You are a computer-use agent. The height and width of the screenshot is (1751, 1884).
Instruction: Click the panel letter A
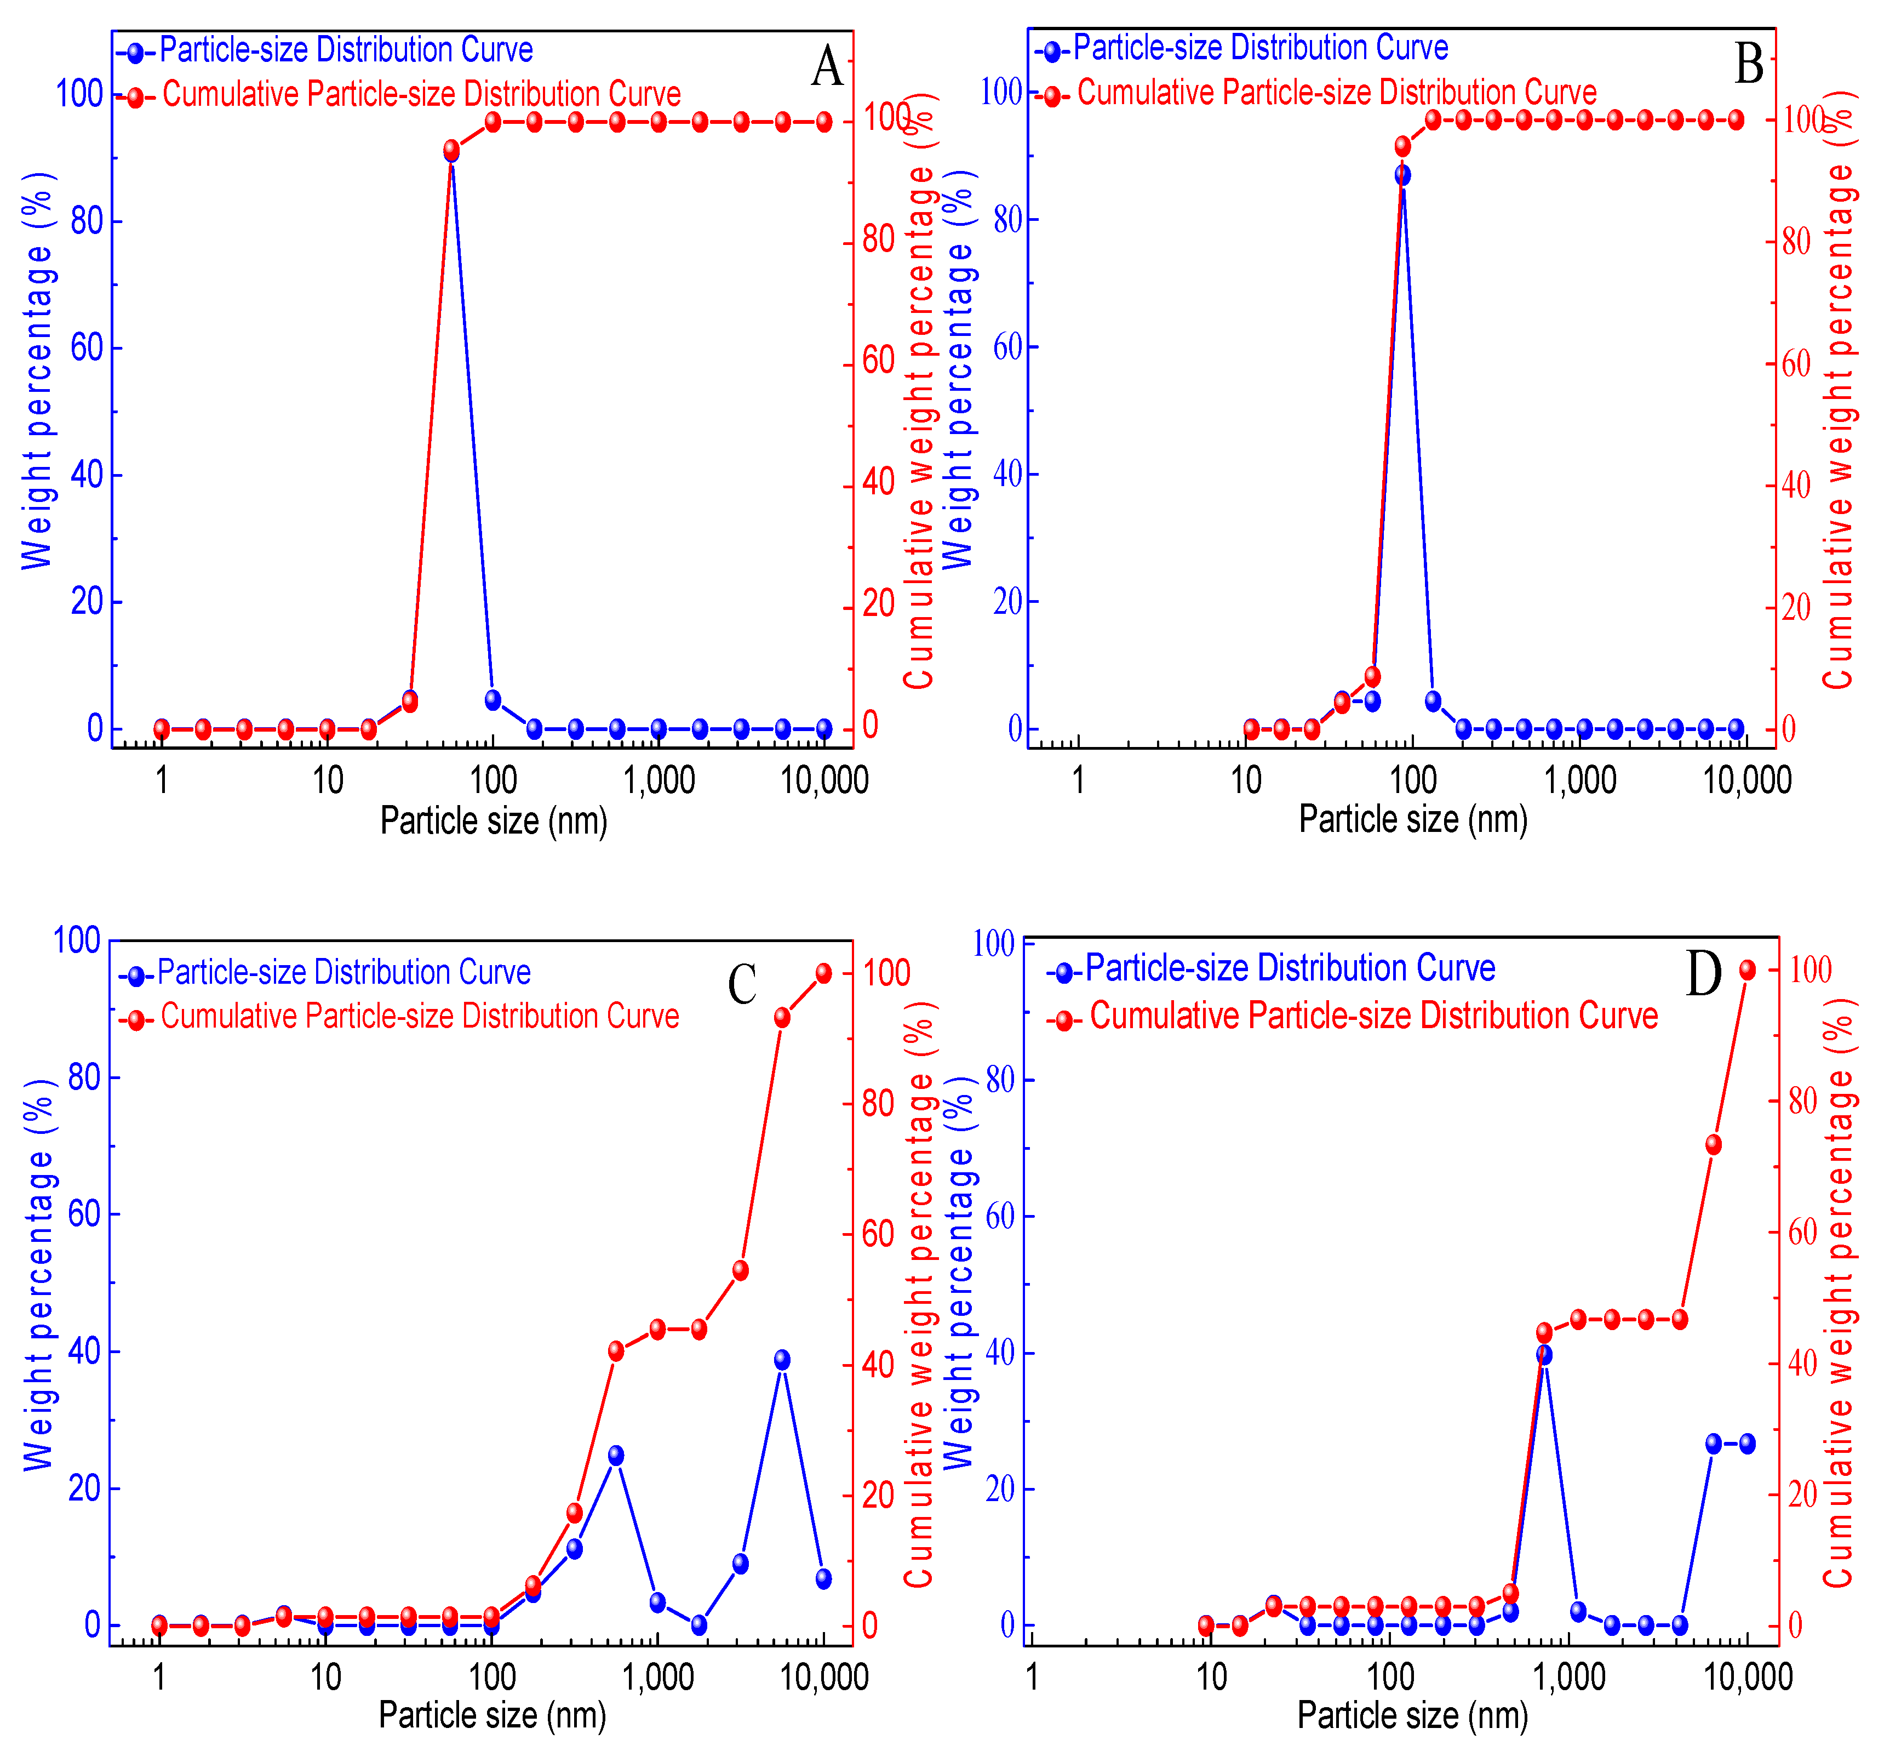(827, 66)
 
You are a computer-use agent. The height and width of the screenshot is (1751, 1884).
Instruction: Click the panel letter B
(1749, 65)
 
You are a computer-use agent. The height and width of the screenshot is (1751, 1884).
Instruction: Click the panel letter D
(1703, 973)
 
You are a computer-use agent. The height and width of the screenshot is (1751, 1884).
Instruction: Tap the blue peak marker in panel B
(1402, 175)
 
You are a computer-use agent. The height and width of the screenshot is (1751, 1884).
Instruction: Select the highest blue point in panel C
(781, 1360)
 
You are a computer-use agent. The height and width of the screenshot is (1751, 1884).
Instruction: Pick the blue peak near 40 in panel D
(1544, 1355)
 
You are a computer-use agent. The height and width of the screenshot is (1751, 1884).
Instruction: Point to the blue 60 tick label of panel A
(86, 348)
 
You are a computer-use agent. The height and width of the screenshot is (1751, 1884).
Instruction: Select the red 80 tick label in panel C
(878, 1103)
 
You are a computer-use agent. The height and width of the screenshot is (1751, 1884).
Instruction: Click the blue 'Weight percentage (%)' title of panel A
(38, 369)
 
